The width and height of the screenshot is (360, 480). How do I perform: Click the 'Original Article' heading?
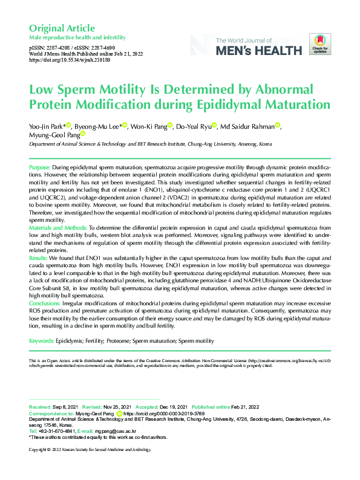(62, 28)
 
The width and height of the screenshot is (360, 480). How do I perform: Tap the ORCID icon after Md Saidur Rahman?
(278, 126)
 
